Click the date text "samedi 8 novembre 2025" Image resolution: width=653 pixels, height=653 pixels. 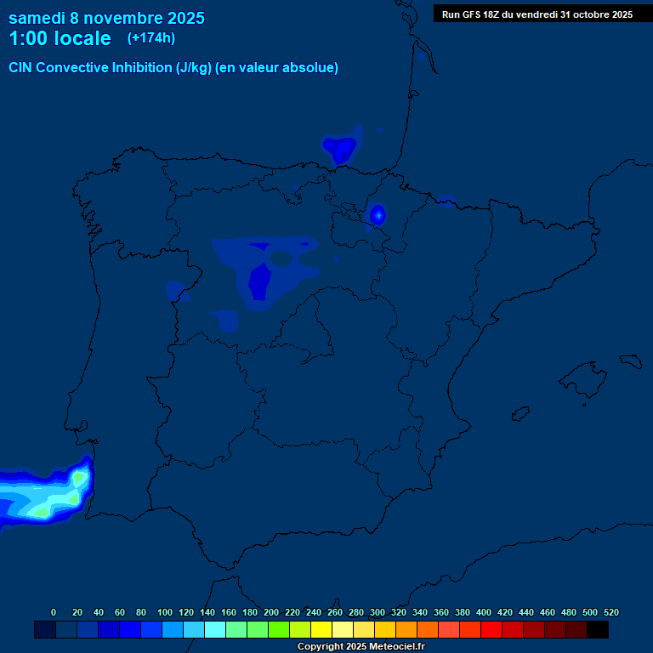coord(106,18)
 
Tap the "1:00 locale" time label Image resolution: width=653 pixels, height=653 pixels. coord(60,38)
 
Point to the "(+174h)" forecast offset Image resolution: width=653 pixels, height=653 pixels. coord(150,38)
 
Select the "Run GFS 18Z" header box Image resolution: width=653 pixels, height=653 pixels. coord(537,14)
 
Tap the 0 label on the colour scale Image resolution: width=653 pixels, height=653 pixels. coord(54,612)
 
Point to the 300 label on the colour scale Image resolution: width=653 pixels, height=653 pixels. coord(378,612)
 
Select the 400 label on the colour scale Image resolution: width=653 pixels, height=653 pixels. coord(484,612)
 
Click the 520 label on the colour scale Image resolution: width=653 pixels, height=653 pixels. coord(611,612)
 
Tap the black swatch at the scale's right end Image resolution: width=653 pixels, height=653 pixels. coord(598,629)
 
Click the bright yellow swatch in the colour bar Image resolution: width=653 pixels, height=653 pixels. coord(321,629)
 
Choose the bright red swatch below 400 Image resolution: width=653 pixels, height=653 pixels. coord(491,629)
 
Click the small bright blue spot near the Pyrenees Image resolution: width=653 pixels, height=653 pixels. coord(378,214)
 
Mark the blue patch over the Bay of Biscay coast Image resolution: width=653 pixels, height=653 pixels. coord(341,150)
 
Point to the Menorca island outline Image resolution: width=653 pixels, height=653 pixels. coord(630,360)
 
